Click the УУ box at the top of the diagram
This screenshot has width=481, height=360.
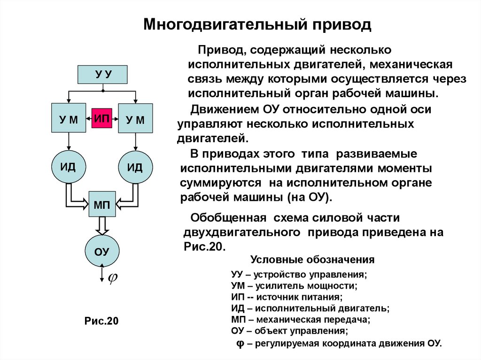tap(102, 74)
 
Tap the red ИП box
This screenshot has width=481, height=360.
tap(102, 118)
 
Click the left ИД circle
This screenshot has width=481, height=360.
tap(68, 167)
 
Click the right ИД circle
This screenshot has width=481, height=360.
tap(135, 168)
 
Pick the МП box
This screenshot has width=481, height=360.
tap(102, 204)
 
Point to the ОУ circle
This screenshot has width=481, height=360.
tap(102, 251)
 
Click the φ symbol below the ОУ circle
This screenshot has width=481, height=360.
tap(113, 278)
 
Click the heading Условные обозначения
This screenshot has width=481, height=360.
tap(312, 260)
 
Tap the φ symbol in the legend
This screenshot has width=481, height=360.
tap(240, 343)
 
